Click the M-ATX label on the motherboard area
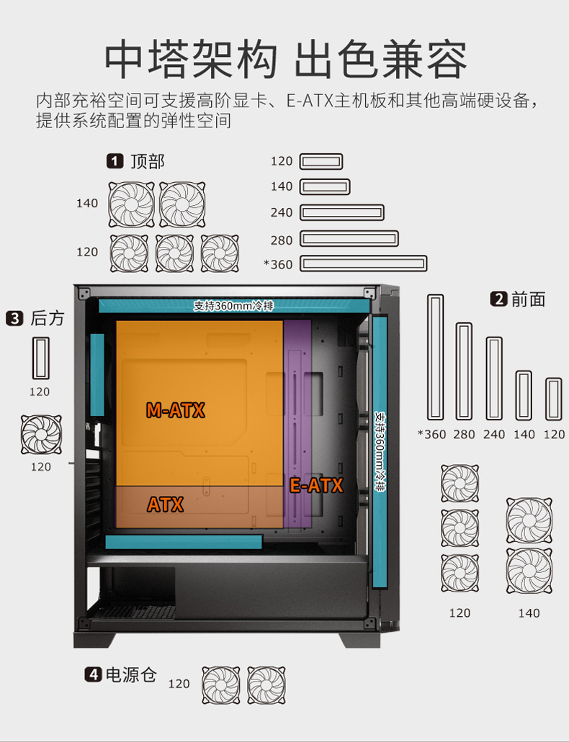175,410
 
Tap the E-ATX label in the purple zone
316,486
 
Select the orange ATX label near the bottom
165,505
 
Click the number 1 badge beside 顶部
115,161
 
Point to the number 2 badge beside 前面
499,299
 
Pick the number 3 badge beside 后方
14,318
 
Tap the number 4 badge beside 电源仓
94,674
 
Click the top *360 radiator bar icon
364,263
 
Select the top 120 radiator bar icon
321,161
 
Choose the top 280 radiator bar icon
349,238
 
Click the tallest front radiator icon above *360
436,357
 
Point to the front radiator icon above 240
494,378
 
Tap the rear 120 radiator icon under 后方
41,358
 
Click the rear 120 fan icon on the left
41,435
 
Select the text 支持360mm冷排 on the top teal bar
233,306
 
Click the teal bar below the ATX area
184,542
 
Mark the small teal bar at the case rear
97,375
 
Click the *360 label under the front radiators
431,434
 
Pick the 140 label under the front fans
529,613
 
